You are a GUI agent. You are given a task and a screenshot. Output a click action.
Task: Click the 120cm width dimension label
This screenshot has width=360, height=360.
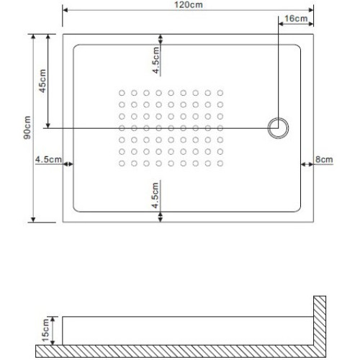coord(189,5)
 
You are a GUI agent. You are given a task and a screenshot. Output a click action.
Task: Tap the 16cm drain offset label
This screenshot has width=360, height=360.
coord(296,18)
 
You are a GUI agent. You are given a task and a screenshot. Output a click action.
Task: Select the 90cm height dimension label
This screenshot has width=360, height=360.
coord(27,127)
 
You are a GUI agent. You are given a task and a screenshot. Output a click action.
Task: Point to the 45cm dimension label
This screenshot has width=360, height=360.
coord(42,81)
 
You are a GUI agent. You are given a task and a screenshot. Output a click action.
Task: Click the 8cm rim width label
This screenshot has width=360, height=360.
coord(324,159)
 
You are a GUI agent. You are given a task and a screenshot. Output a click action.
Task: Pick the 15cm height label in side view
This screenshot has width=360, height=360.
coord(45,330)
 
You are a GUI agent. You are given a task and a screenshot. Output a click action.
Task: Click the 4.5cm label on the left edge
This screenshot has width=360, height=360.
coord(48,159)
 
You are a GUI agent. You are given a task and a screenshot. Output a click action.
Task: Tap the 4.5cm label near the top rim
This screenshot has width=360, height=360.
coord(156,60)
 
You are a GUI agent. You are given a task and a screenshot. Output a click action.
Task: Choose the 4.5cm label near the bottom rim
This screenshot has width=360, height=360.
coord(156,195)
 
